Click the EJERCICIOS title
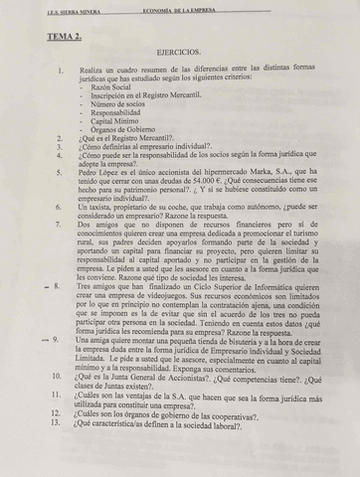[x=178, y=51]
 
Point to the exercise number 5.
[x=61, y=171]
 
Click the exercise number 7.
[x=61, y=226]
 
